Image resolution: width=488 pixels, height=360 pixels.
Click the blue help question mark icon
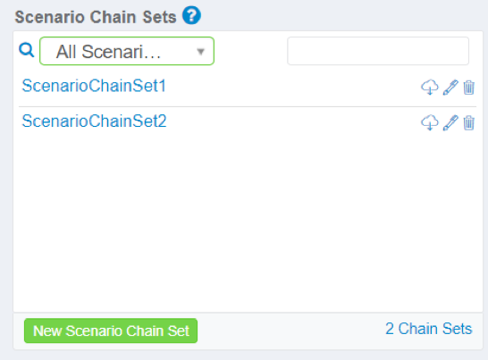pos(191,15)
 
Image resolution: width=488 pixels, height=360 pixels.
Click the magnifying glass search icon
pos(27,50)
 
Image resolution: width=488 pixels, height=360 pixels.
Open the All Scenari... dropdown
pos(127,51)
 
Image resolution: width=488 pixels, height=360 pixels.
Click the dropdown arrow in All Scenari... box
pos(201,52)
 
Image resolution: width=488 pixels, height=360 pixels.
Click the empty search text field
pos(378,51)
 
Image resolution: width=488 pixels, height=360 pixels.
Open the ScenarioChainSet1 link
pos(94,86)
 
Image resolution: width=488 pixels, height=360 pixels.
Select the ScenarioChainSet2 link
pos(94,121)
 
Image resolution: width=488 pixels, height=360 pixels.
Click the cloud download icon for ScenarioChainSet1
pos(430,88)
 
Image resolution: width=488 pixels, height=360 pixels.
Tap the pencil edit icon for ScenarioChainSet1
pos(450,88)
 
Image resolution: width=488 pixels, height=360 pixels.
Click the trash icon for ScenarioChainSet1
pos(468,88)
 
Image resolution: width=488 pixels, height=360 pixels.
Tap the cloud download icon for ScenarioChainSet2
pos(430,122)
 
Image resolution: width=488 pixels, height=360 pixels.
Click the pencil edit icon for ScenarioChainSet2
pos(450,122)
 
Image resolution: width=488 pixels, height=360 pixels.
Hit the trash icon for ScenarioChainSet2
pos(468,122)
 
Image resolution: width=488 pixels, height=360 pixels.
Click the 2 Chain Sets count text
pos(428,329)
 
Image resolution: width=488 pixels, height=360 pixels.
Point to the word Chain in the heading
pos(114,17)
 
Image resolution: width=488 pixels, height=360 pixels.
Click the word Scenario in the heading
pos(50,17)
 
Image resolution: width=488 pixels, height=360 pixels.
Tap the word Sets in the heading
pos(159,17)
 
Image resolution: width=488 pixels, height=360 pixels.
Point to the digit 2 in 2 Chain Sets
pos(390,329)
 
